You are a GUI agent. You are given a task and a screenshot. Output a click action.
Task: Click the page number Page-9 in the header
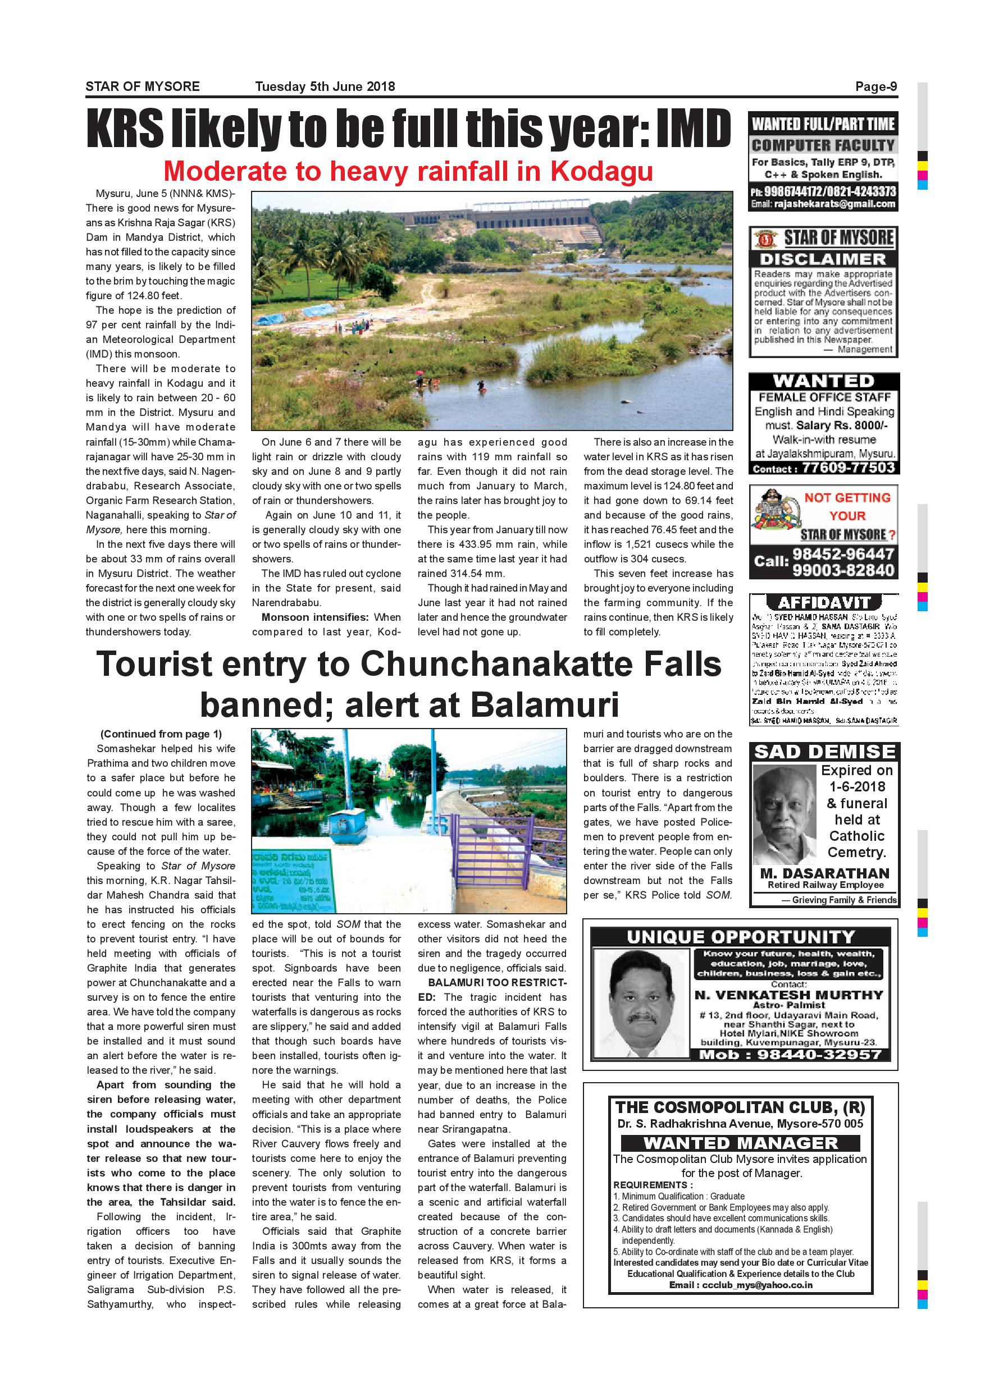point(876,86)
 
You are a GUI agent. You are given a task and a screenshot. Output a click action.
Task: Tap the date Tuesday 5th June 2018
point(325,86)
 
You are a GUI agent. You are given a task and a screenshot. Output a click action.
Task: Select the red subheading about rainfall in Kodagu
point(408,172)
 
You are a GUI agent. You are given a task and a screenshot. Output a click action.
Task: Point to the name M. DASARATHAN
point(824,873)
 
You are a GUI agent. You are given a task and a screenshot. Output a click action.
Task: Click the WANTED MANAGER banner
point(741,1143)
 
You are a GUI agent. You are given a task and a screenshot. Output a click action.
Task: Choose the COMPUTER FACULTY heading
point(823,145)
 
